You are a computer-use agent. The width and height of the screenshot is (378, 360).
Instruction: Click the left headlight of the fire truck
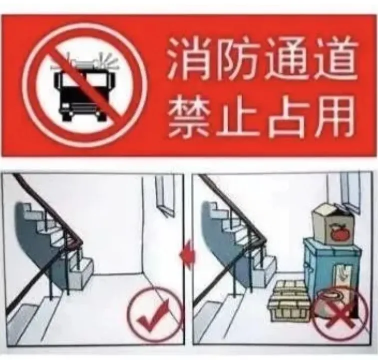(x=65, y=106)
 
